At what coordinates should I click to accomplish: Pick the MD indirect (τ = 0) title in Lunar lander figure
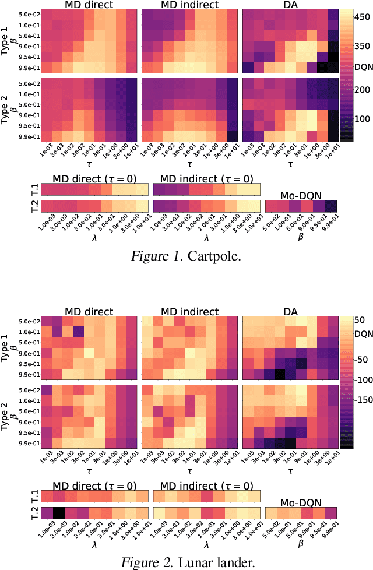coord(203,485)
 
